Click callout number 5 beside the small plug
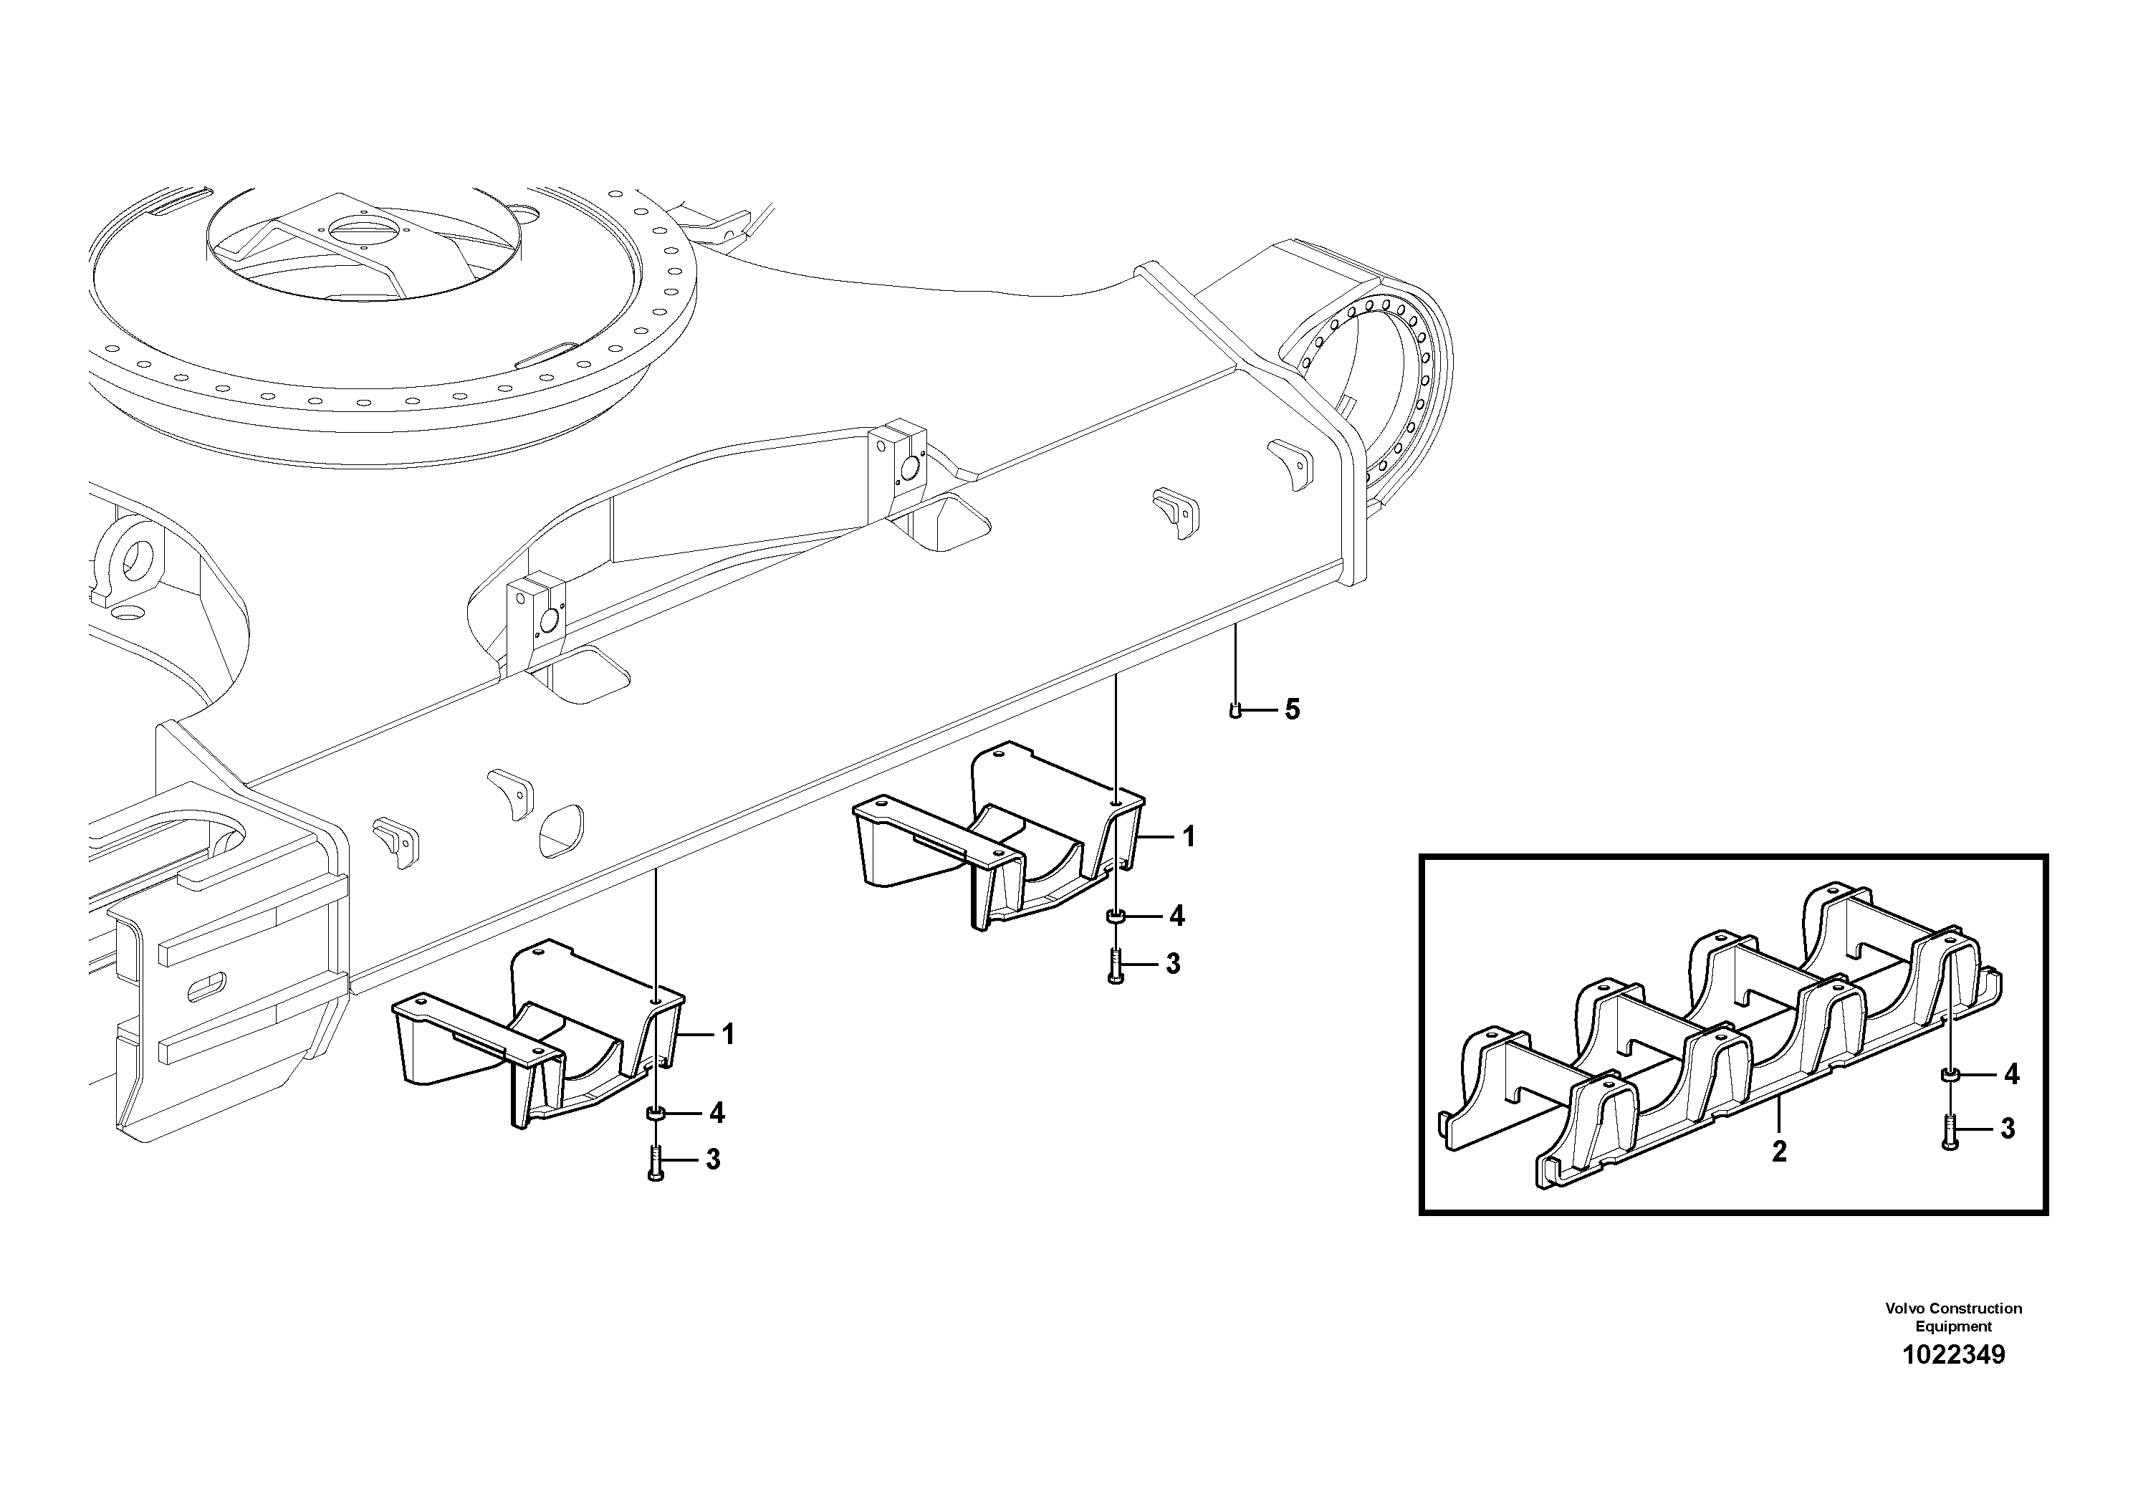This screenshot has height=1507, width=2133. pyautogui.click(x=1293, y=710)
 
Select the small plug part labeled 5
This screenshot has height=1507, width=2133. pyautogui.click(x=1235, y=711)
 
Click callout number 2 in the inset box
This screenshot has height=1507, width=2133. pyautogui.click(x=1778, y=1151)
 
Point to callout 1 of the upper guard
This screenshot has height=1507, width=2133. pyautogui.click(x=1188, y=837)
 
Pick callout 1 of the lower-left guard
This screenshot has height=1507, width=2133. pyautogui.click(x=729, y=1034)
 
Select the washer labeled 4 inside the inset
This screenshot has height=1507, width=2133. pyautogui.click(x=1948, y=1075)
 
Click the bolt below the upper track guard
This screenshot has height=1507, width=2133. pyautogui.click(x=1116, y=966)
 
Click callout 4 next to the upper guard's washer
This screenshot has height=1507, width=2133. pyautogui.click(x=1177, y=916)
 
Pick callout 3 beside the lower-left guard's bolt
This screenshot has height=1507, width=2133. pyautogui.click(x=714, y=1159)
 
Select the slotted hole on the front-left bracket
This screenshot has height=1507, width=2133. pyautogui.click(x=206, y=987)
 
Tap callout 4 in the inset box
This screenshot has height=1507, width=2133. pyautogui.click(x=2011, y=1075)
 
